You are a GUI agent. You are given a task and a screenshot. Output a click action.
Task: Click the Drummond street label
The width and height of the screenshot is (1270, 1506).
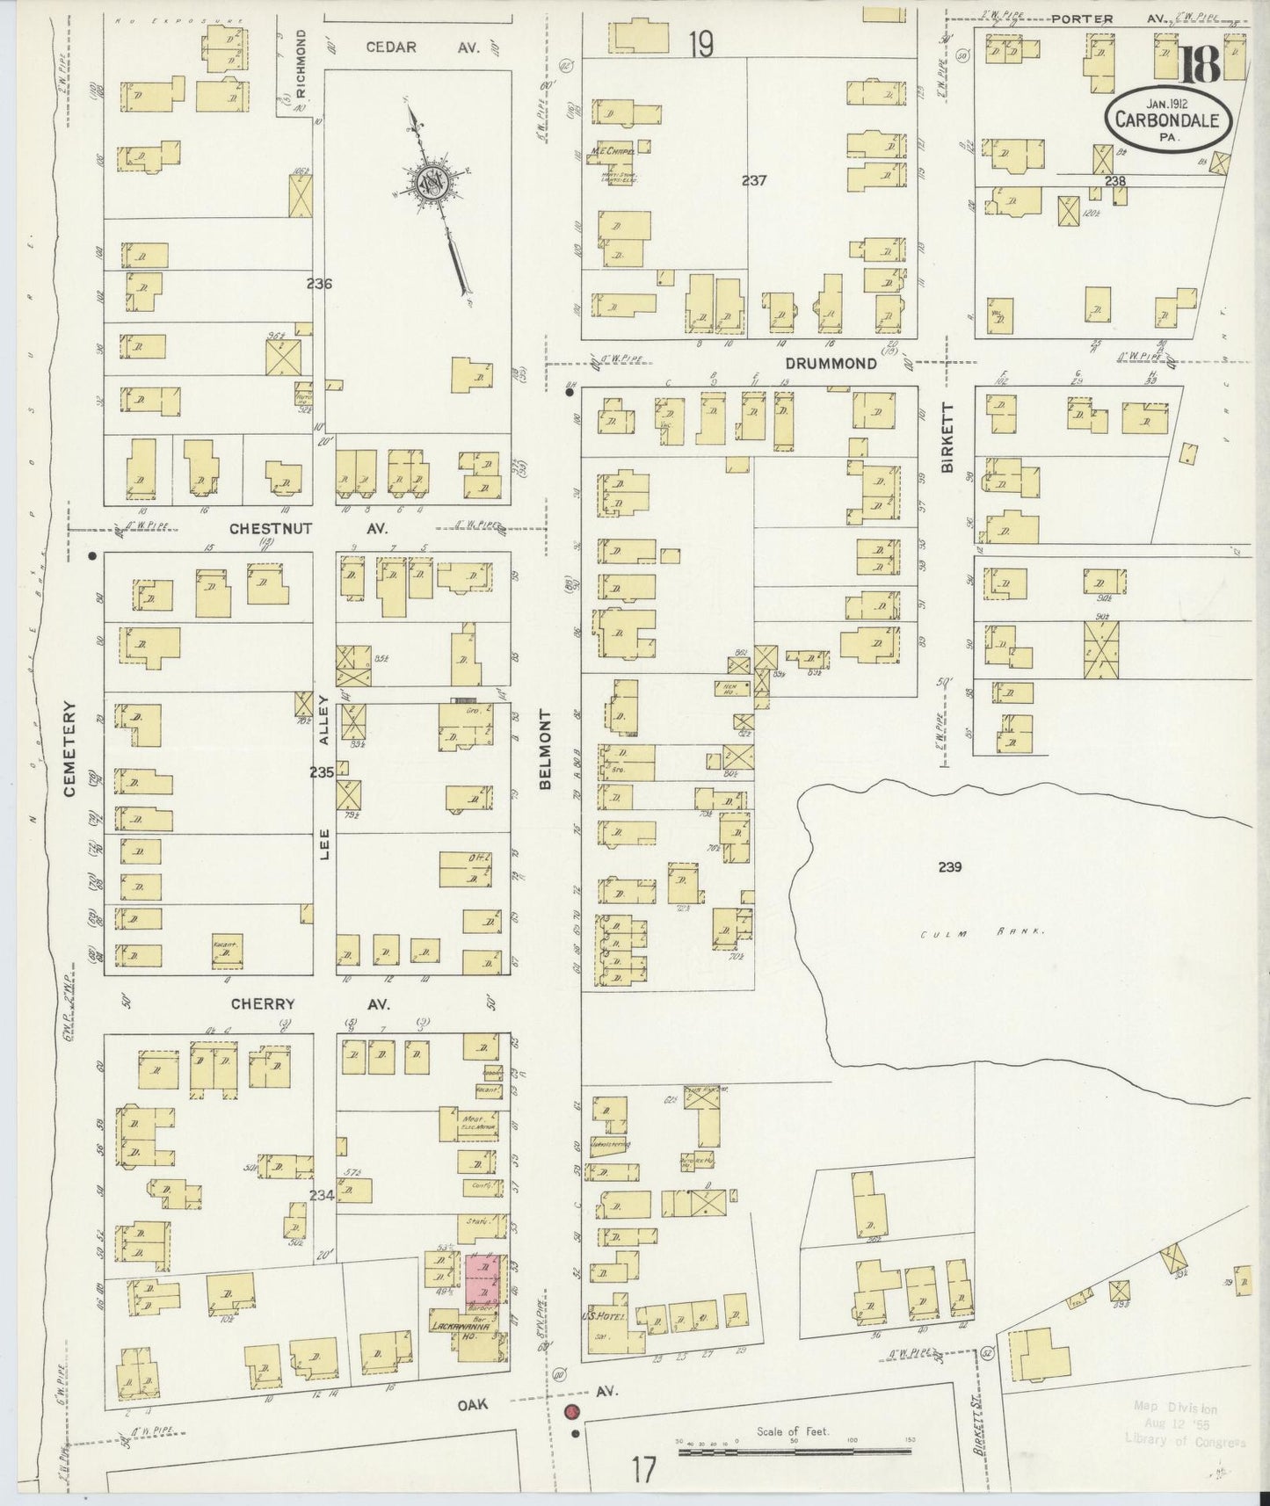831,364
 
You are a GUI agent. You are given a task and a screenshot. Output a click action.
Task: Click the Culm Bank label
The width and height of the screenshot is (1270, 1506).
981,934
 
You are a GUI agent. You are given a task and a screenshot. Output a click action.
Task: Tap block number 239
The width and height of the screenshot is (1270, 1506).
949,866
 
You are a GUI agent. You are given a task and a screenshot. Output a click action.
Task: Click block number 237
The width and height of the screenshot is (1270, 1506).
753,180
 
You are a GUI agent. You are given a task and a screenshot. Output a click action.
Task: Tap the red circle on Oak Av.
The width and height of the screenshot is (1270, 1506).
571,1413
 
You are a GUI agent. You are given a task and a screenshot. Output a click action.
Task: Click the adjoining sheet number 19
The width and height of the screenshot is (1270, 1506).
700,44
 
